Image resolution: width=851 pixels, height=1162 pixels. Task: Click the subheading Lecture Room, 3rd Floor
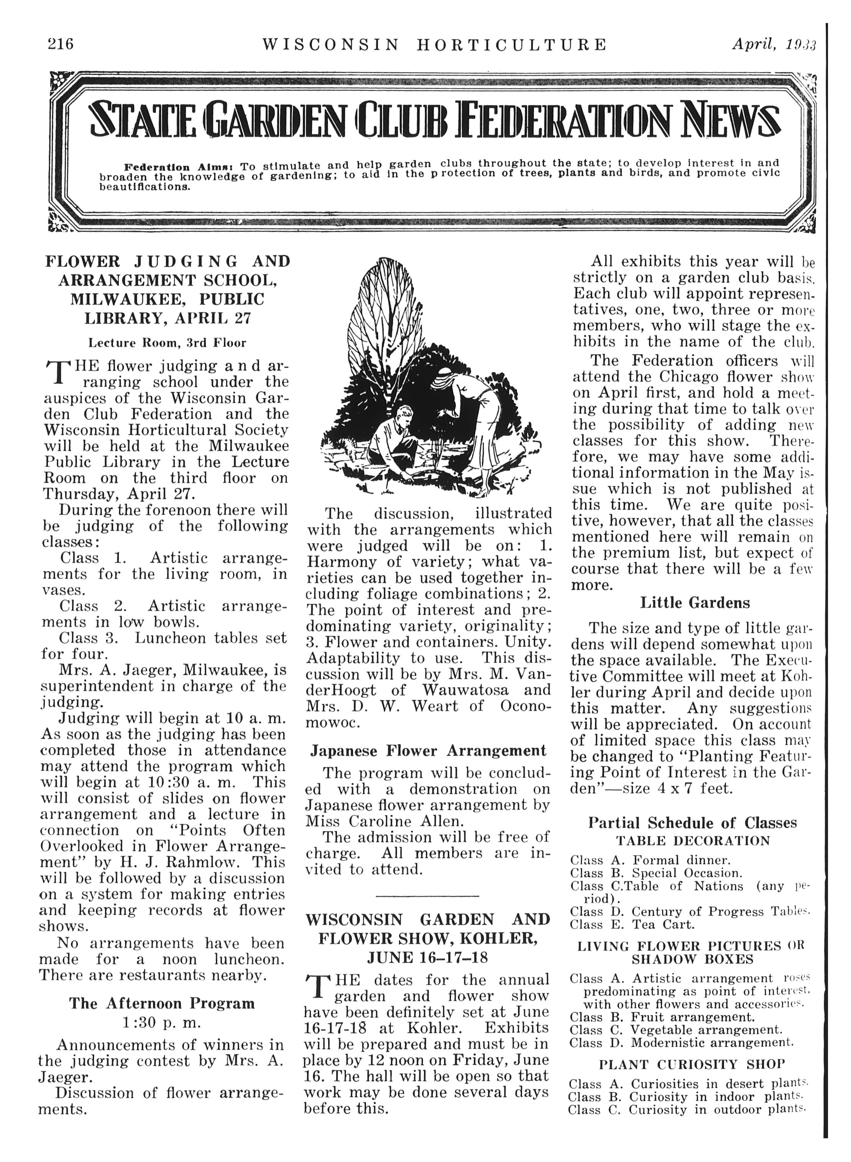click(167, 342)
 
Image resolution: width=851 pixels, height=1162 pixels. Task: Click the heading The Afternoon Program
click(162, 1003)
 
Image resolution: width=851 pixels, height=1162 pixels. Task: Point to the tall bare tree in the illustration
click(386, 314)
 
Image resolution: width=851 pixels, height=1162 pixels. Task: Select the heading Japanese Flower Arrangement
click(428, 751)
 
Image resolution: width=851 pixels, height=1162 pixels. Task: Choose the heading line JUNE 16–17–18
click(427, 958)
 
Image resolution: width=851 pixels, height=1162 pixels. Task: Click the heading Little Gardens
click(695, 603)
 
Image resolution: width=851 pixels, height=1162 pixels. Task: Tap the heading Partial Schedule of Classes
click(692, 823)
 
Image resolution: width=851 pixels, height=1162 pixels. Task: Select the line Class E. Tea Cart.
click(632, 925)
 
